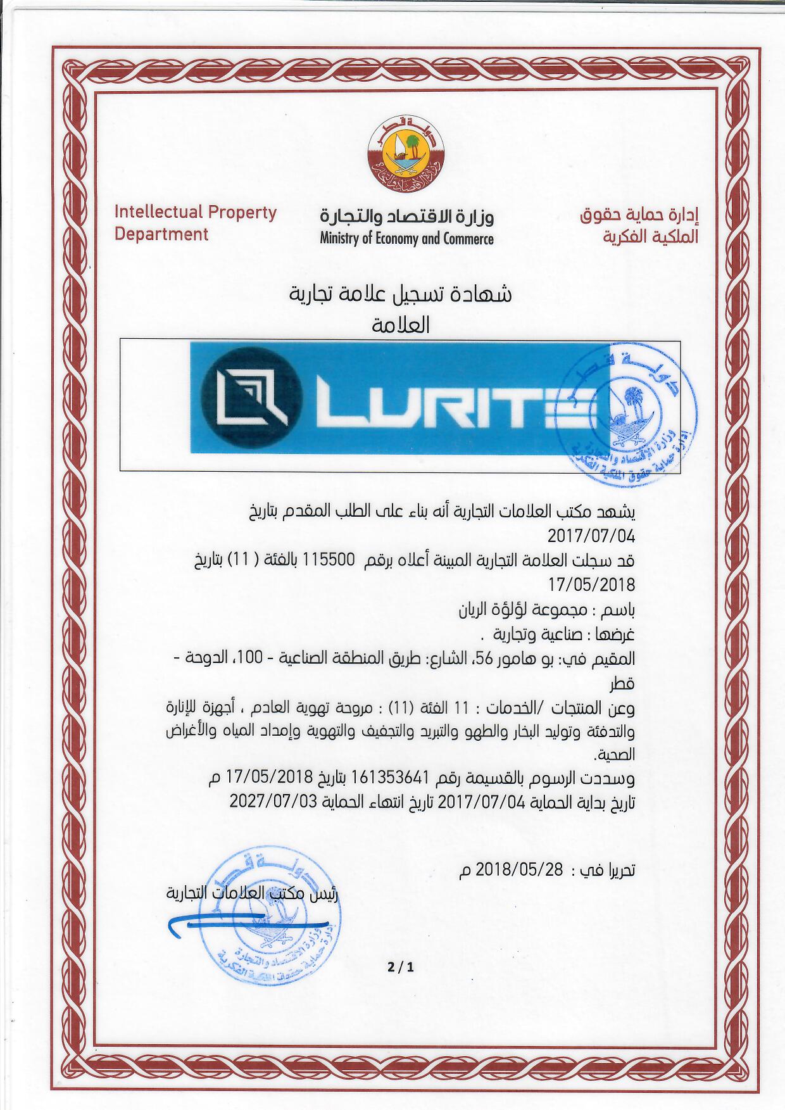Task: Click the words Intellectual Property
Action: coord(196,212)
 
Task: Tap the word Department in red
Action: coord(161,234)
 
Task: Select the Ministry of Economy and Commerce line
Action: coord(406,239)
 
